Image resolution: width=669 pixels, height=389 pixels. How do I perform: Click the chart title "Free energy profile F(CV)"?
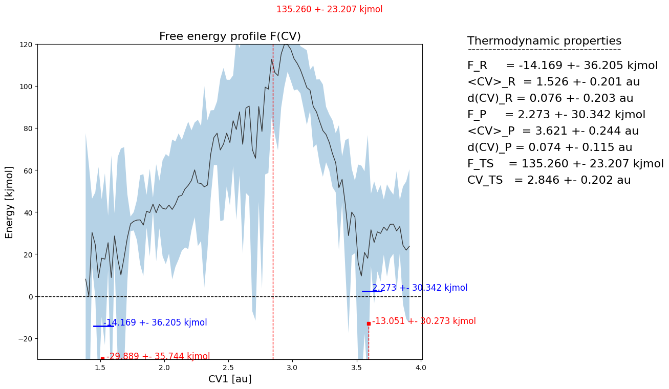(230, 36)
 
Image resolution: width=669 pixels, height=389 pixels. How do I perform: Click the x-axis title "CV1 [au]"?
(230, 379)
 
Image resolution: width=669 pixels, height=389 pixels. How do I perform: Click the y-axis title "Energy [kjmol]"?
(10, 202)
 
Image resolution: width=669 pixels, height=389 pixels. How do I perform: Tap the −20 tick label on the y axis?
(25, 338)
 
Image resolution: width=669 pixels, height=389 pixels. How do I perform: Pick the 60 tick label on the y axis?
(28, 170)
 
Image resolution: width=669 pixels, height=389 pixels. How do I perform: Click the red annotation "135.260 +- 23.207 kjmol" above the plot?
(329, 10)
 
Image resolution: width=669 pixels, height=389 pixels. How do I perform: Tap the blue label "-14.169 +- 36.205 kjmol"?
(155, 323)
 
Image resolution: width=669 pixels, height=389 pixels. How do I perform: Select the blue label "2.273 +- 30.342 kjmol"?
(420, 288)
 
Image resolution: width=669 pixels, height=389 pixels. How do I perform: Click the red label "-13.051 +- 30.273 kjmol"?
(424, 321)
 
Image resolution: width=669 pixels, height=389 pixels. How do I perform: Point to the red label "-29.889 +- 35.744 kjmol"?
(158, 356)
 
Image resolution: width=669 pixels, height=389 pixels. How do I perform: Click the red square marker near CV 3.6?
(369, 323)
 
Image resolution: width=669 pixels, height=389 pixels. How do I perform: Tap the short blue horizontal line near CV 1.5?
(103, 326)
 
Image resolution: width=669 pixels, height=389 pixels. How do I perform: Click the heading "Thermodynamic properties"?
(544, 41)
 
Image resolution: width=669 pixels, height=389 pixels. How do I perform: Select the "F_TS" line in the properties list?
(565, 164)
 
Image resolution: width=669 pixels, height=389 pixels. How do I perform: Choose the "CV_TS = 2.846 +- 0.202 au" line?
(549, 180)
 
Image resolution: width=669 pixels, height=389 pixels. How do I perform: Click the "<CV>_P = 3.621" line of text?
(553, 131)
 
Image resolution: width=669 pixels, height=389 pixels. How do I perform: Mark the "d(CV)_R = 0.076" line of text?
(550, 98)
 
